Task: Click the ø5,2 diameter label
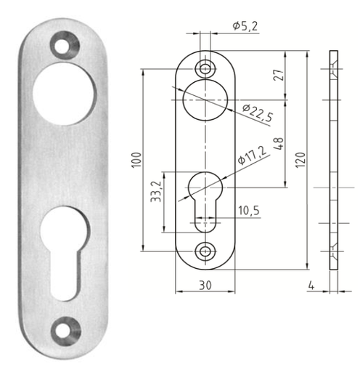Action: click(x=246, y=26)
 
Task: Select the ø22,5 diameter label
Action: click(x=256, y=111)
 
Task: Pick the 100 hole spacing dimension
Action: click(x=136, y=159)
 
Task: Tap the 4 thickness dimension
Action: click(x=311, y=286)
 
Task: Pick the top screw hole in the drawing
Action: click(x=207, y=68)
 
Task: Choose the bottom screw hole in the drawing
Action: click(x=207, y=251)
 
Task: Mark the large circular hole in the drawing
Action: click(x=207, y=100)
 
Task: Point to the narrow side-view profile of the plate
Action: click(x=334, y=160)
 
